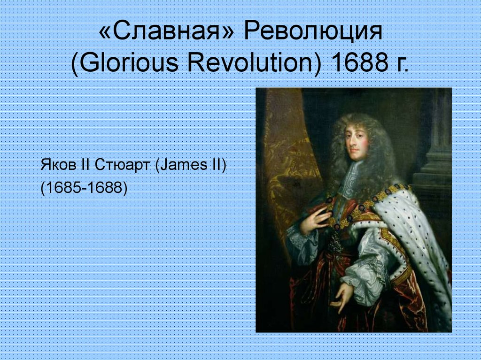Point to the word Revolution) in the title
[x=254, y=63]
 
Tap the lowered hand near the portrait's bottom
[x=342, y=296]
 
